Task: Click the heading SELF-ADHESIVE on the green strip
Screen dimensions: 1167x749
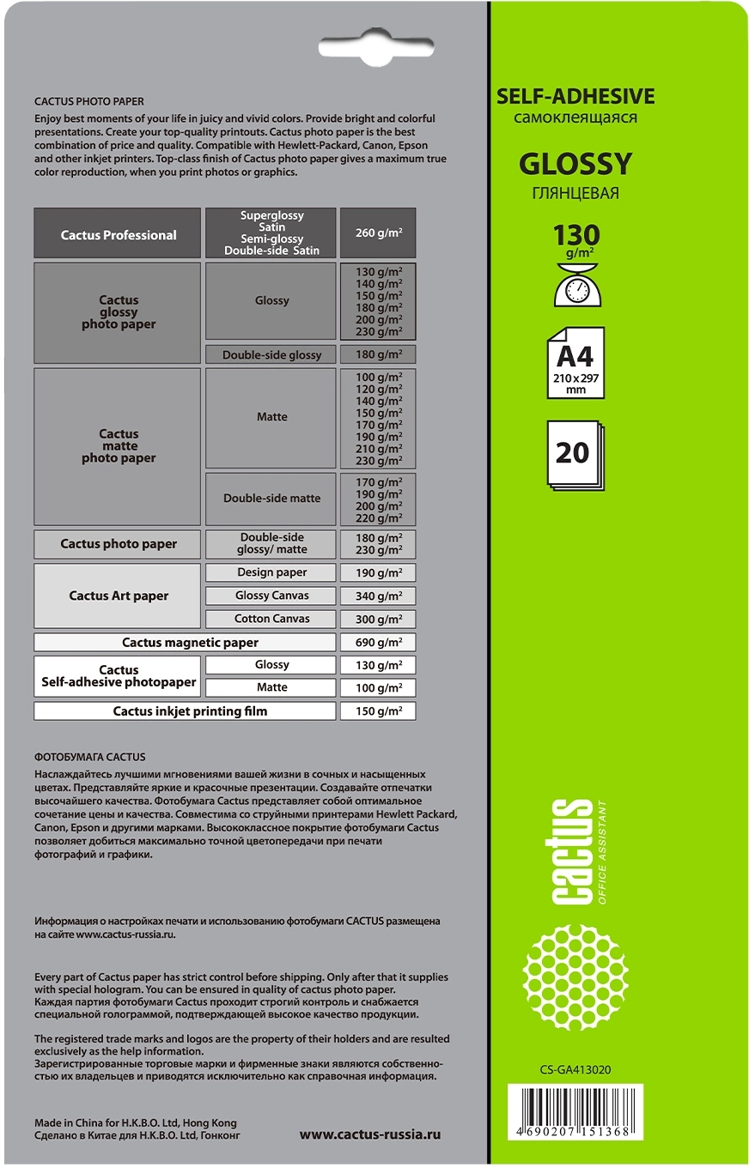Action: click(x=575, y=97)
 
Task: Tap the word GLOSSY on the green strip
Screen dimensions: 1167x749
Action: click(x=575, y=163)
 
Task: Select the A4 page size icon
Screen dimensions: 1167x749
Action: click(x=575, y=363)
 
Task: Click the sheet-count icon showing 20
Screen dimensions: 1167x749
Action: click(x=576, y=455)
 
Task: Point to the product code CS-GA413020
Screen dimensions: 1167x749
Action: click(x=575, y=1069)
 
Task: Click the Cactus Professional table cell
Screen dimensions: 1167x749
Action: click(x=118, y=234)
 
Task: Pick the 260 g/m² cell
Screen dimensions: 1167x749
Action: click(x=379, y=233)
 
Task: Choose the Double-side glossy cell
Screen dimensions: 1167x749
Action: click(x=271, y=355)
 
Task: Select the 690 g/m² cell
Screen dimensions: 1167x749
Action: click(x=379, y=642)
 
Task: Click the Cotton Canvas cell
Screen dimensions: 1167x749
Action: click(x=271, y=619)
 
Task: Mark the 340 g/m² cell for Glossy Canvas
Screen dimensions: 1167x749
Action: click(x=379, y=596)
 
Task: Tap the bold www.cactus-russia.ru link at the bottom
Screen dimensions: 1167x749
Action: click(x=369, y=1134)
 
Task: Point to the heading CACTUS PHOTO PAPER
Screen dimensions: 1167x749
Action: click(x=89, y=101)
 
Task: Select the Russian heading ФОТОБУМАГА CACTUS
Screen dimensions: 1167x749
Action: click(x=90, y=757)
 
